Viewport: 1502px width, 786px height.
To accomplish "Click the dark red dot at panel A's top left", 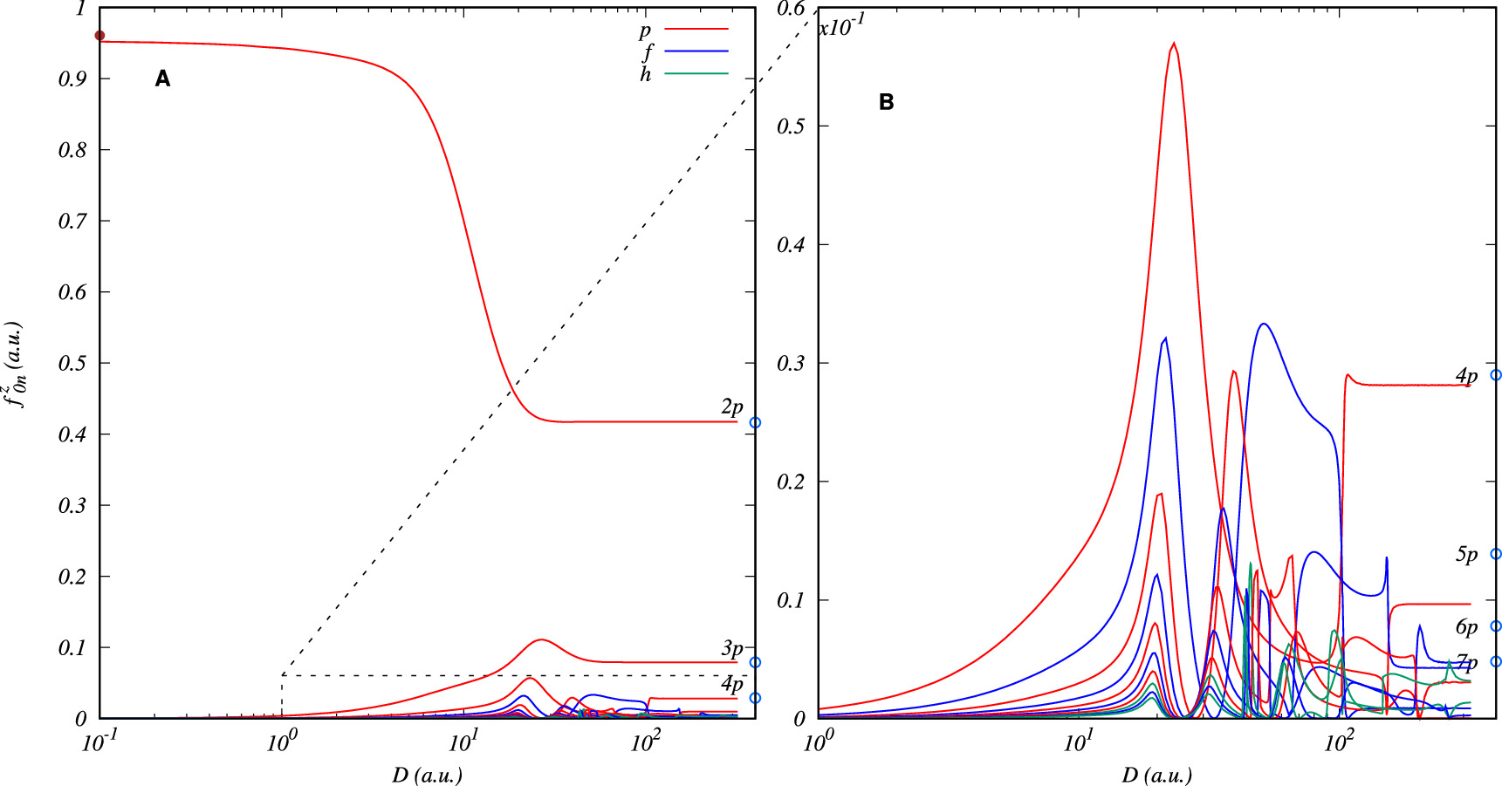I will pos(99,36).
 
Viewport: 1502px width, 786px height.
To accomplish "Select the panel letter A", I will pos(162,79).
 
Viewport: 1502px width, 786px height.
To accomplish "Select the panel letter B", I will pos(886,103).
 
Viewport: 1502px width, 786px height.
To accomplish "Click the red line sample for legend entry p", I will pos(696,30).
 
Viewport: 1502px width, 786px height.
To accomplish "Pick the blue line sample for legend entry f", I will pos(696,51).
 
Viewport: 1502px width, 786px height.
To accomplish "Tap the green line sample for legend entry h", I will pos(696,73).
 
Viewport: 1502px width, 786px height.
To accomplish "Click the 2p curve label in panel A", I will pos(731,407).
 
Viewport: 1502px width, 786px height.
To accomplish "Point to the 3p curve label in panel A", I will pos(731,648).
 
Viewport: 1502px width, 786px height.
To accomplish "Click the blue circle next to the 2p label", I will pos(756,422).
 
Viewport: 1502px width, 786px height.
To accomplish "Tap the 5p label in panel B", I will pos(1466,555).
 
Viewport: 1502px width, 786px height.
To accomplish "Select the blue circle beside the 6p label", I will pos(1496,626).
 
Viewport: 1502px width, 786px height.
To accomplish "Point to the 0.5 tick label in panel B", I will pos(791,126).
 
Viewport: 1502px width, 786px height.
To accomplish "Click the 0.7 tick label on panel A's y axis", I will pos(72,221).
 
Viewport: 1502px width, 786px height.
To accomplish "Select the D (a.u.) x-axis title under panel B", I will pos(1156,775).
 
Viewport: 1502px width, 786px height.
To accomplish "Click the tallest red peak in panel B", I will pos(1174,44).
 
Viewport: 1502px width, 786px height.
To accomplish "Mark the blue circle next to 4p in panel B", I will pos(1496,375).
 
